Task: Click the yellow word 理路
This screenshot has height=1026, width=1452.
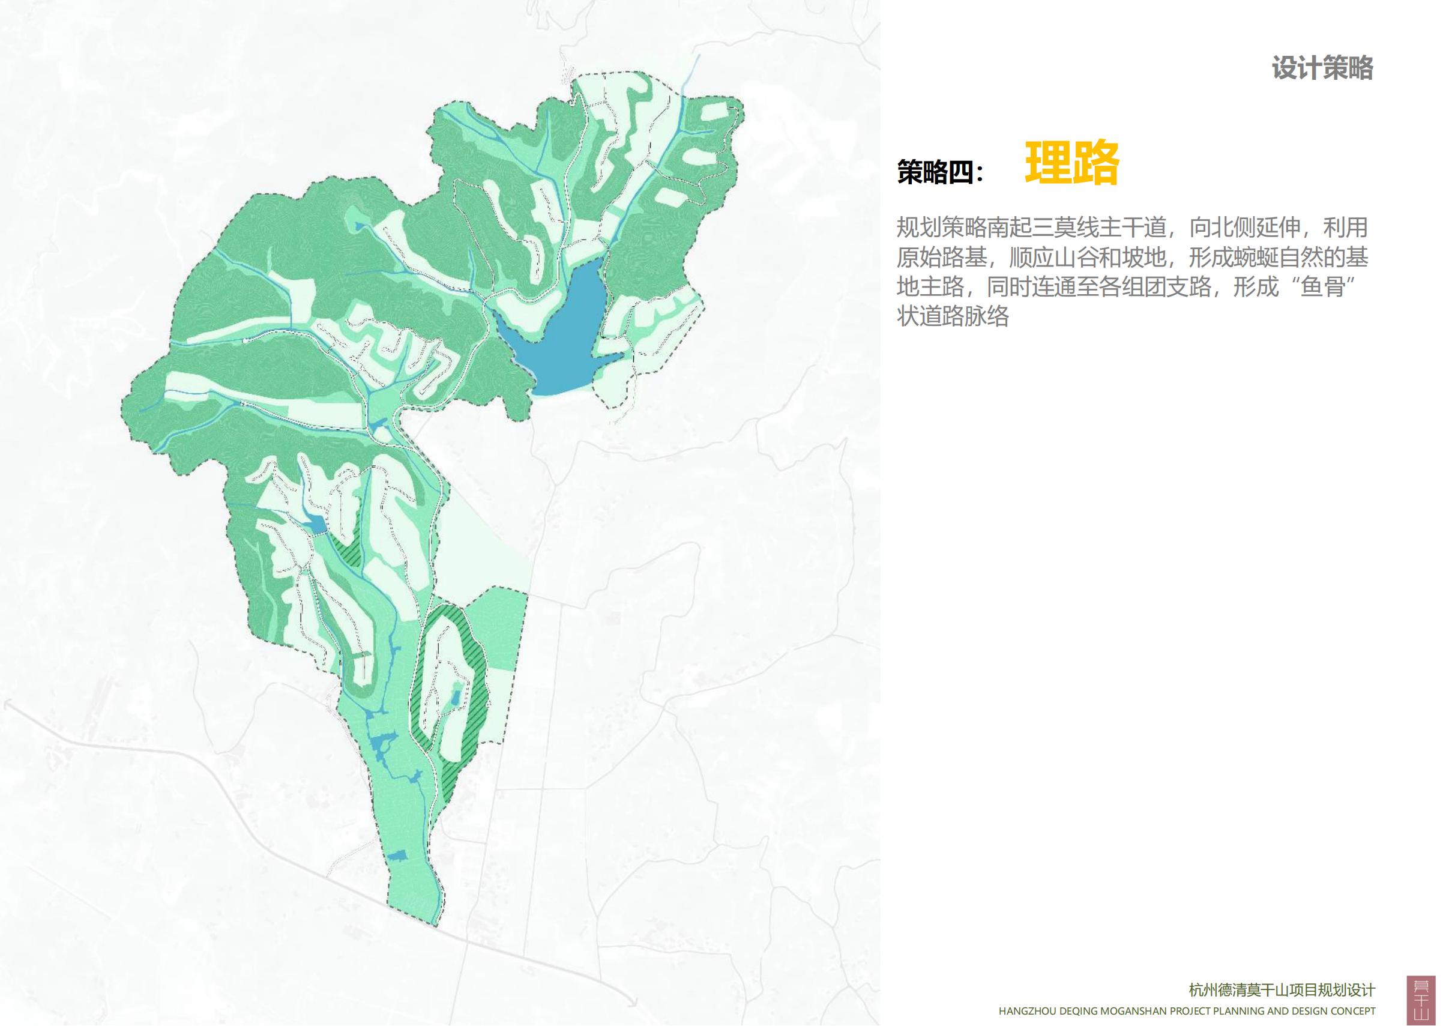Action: coord(1072,163)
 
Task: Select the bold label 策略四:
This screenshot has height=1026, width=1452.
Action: coord(941,172)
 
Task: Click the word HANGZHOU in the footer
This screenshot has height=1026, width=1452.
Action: coord(1026,1011)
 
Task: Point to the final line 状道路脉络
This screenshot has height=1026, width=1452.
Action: coord(953,316)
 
